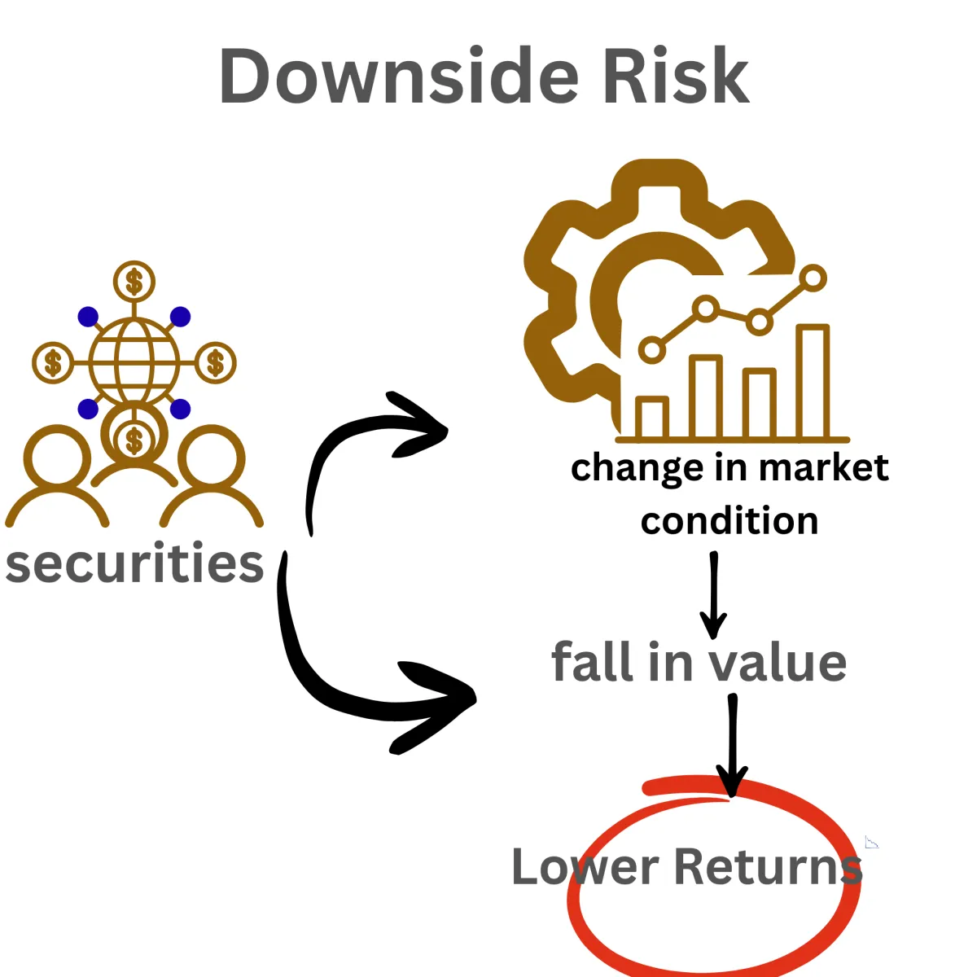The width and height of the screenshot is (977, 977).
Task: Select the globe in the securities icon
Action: [x=134, y=361]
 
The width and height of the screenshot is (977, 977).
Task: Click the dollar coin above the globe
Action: [x=134, y=283]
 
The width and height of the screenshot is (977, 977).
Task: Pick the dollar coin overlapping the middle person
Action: [x=134, y=440]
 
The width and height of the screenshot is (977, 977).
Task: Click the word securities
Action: [x=134, y=563]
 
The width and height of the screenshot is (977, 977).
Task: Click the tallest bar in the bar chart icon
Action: [x=813, y=383]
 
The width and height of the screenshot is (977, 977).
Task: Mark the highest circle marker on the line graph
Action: [x=813, y=278]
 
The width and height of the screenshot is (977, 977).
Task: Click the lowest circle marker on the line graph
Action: [x=651, y=350]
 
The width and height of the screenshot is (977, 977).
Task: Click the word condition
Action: [x=729, y=521]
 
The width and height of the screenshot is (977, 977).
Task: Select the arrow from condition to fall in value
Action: [x=713, y=594]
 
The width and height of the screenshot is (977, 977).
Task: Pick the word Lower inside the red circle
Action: [x=585, y=867]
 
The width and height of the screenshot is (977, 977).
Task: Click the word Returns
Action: [x=768, y=867]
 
